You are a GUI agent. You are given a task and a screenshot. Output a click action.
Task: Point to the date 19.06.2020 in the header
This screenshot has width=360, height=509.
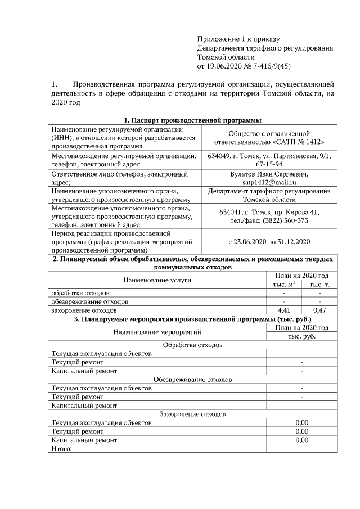coord(225,66)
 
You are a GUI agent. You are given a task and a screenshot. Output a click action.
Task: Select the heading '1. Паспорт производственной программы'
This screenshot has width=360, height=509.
coord(192,120)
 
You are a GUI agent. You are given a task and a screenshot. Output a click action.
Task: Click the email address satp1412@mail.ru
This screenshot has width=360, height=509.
coord(269,182)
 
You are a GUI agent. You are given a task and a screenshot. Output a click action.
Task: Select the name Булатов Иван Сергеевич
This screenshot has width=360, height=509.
coord(269,174)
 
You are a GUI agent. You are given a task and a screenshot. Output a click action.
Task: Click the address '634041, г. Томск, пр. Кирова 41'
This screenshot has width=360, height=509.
coord(269,212)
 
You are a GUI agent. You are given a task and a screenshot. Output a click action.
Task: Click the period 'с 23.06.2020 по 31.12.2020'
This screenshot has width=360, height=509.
coord(269,241)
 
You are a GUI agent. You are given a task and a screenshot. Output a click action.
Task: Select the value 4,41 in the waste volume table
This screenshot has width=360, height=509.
coord(284,310)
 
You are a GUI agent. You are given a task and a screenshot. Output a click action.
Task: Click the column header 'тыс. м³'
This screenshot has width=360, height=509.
coord(284,285)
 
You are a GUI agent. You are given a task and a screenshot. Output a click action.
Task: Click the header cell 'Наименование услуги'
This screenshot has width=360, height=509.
coord(157,280)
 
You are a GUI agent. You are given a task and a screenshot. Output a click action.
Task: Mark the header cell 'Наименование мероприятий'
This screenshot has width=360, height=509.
coord(157,332)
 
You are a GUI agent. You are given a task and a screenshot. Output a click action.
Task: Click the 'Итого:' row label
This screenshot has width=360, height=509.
coord(62,448)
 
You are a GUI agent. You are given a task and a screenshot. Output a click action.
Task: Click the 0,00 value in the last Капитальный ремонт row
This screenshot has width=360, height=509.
coord(302,440)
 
